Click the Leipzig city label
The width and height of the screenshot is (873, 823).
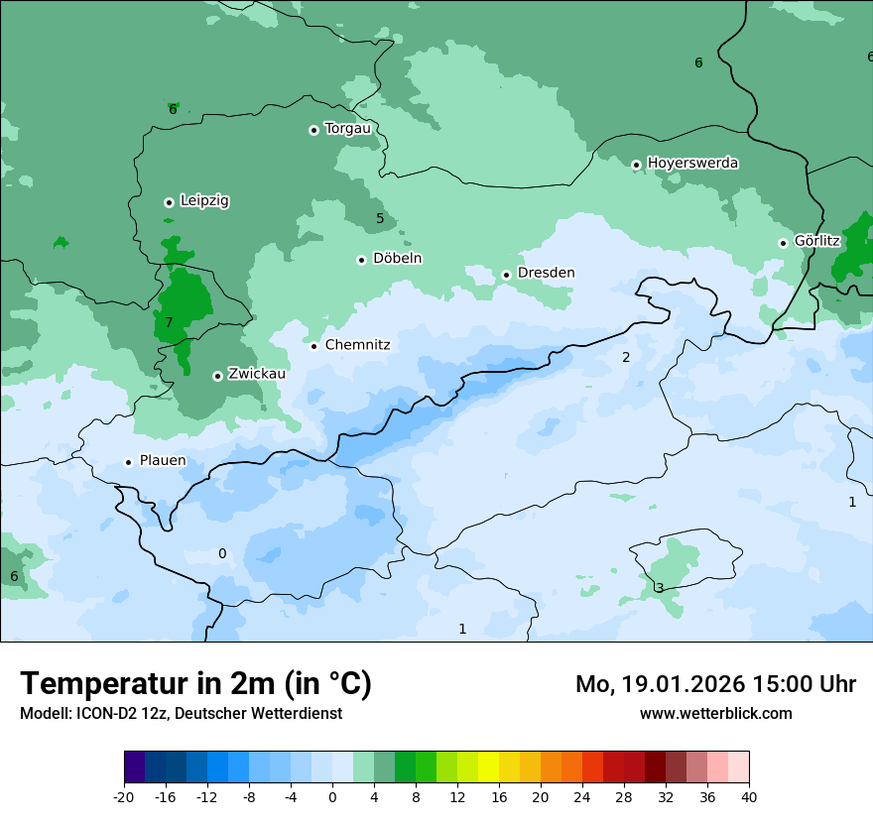pyautogui.click(x=204, y=201)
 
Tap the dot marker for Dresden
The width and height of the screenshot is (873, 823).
pyautogui.click(x=506, y=275)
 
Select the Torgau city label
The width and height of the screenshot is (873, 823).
pyautogui.click(x=347, y=129)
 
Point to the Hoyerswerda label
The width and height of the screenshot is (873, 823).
pyautogui.click(x=692, y=164)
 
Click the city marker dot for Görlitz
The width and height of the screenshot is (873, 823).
pyautogui.click(x=783, y=243)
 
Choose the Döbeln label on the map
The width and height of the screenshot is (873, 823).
pyautogui.click(x=397, y=259)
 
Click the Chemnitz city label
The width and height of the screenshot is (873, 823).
pyautogui.click(x=357, y=345)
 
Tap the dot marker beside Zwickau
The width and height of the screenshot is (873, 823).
pyautogui.click(x=217, y=376)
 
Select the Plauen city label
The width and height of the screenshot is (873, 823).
pyautogui.click(x=163, y=461)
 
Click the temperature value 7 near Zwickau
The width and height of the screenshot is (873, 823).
pyautogui.click(x=169, y=322)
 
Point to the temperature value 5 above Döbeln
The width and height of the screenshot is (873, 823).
pyautogui.click(x=380, y=218)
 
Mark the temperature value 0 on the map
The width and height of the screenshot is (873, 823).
pyautogui.click(x=222, y=553)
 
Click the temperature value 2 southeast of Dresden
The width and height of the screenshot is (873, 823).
pyautogui.click(x=626, y=357)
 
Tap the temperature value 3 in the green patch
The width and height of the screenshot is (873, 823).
pyautogui.click(x=660, y=588)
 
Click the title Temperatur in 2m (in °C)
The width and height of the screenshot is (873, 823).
pyautogui.click(x=195, y=683)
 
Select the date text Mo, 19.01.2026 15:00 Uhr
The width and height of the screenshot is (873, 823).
pyautogui.click(x=715, y=684)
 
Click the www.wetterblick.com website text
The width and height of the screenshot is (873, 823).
pyautogui.click(x=715, y=713)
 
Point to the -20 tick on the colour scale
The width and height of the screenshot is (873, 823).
pyautogui.click(x=124, y=797)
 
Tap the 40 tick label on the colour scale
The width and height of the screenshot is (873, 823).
pyautogui.click(x=749, y=797)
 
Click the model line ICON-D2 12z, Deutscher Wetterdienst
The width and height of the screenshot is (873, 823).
pyautogui.click(x=181, y=714)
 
